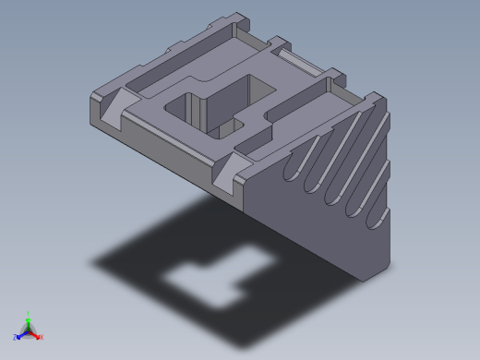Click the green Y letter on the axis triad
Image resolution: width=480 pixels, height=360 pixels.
pos(29,313)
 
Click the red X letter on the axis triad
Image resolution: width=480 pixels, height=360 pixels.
pos(41,337)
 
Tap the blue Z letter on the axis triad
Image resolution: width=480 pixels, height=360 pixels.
pos(16,337)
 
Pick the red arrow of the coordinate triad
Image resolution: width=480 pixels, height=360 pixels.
pos(35,334)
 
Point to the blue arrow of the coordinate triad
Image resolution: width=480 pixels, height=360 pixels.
pos(21,334)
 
